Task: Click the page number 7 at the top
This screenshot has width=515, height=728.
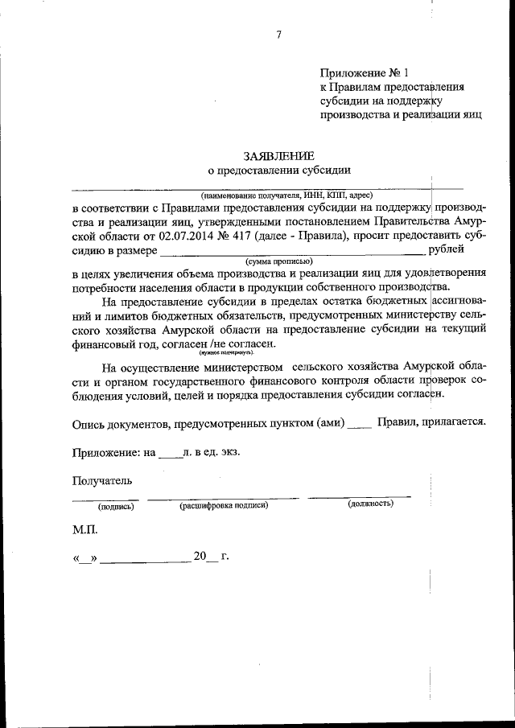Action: [278, 34]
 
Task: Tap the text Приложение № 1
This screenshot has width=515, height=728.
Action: [353, 72]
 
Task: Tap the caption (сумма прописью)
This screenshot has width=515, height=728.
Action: [279, 262]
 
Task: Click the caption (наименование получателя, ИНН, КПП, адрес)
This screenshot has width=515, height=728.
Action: [286, 195]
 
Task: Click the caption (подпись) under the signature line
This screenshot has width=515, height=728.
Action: [116, 506]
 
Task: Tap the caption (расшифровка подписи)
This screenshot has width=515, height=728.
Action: [223, 504]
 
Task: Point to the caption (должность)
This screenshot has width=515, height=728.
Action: [370, 504]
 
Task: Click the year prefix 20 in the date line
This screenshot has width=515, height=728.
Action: [200, 556]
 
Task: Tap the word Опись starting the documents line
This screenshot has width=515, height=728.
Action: [89, 422]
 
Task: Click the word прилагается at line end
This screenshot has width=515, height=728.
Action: [452, 422]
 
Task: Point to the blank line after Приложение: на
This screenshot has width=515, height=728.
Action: [170, 454]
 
